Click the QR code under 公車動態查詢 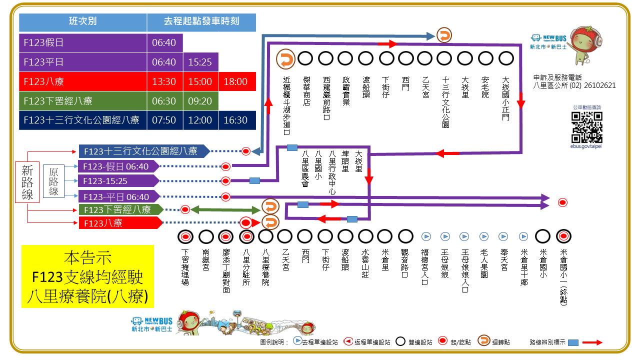[x=587, y=127]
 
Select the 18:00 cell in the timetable [x=235, y=81]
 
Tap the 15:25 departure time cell [x=200, y=62]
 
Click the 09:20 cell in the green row [x=200, y=101]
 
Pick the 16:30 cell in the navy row [x=235, y=120]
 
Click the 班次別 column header [x=83, y=22]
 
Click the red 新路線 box [x=27, y=182]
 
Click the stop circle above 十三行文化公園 [x=445, y=58]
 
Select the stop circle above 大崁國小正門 [x=506, y=58]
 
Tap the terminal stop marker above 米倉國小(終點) [x=564, y=236]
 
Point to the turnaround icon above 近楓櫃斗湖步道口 [x=285, y=58]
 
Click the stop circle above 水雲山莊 [x=366, y=236]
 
